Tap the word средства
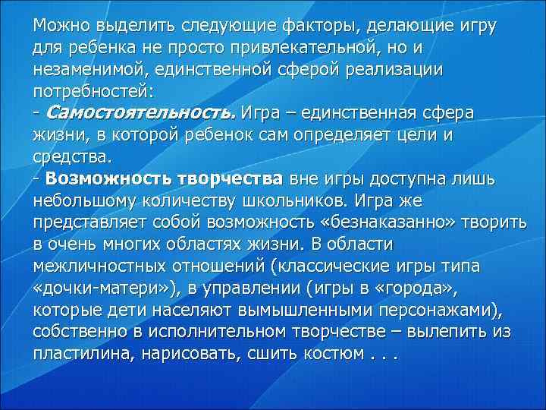click(x=72, y=156)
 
